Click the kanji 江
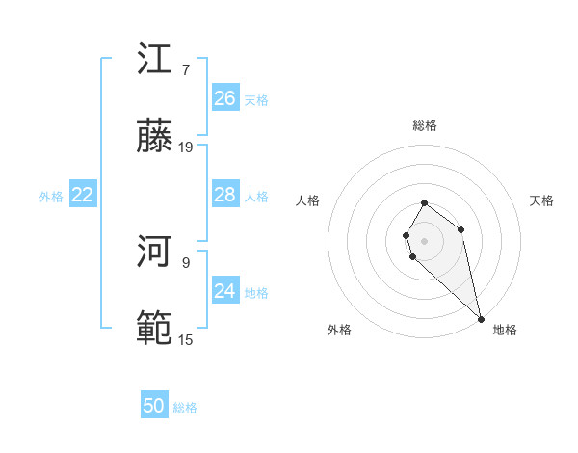coord(155,60)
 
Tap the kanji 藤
coord(155,137)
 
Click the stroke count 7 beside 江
coord(186,70)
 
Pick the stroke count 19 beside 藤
coord(186,147)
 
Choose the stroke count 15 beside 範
coord(186,339)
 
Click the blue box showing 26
coord(224,97)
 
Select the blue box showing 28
coord(224,194)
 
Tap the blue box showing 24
coord(224,290)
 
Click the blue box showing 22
coord(83,194)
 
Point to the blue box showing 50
coord(154,406)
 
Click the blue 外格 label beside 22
coord(51,196)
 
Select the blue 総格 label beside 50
coord(185,408)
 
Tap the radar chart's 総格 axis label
coord(425,125)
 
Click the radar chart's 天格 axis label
coord(542,200)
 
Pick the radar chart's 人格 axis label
coord(308,200)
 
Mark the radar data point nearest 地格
coord(481,318)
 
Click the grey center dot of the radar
coord(425,241)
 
